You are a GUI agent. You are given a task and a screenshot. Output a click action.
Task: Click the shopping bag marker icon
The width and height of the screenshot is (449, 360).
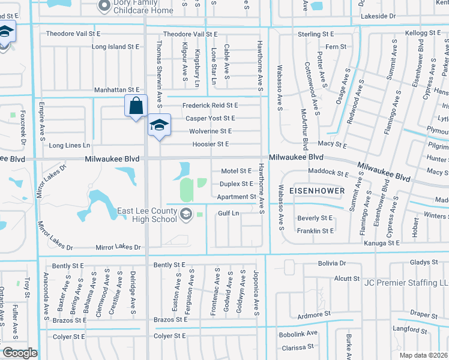point(136,106)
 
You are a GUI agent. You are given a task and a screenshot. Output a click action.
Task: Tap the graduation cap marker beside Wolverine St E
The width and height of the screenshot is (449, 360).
point(158,125)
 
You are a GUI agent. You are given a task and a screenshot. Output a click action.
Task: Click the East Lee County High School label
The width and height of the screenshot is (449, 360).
point(147,214)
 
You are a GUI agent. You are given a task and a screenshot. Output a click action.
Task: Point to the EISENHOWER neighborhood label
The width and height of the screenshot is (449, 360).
point(317,191)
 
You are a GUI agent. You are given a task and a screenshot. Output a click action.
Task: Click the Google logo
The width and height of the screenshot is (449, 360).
point(19,352)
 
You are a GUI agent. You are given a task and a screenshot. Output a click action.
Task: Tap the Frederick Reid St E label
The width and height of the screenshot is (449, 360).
point(210,105)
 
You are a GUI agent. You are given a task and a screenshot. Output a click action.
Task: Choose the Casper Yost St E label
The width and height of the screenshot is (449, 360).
point(210,118)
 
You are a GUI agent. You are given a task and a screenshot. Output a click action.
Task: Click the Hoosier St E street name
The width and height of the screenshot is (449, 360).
point(211,144)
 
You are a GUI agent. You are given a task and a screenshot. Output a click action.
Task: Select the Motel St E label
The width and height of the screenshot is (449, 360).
point(237,171)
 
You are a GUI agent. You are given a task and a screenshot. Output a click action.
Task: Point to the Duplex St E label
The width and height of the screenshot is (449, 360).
point(237,184)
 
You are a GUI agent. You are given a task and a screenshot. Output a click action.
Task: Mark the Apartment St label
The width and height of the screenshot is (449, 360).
point(237,197)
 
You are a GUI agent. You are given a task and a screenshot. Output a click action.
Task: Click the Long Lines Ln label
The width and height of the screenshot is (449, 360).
point(69,145)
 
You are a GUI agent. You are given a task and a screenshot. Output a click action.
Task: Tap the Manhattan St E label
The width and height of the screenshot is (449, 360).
point(116,89)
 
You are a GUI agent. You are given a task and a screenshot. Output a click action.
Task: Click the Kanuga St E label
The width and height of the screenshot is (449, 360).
point(384,243)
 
